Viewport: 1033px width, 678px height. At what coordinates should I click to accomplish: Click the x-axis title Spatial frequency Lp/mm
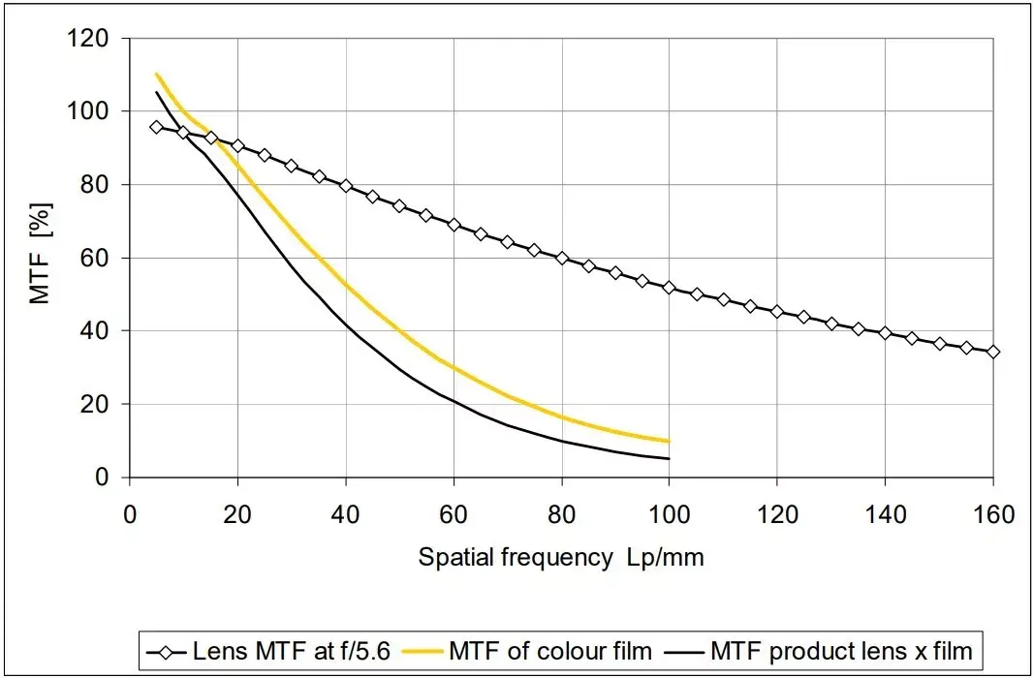pyautogui.click(x=561, y=558)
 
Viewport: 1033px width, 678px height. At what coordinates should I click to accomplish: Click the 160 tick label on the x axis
pyautogui.click(x=992, y=514)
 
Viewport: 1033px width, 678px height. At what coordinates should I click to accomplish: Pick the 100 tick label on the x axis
pyautogui.click(x=669, y=514)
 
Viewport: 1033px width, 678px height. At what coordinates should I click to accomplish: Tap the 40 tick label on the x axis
pyautogui.click(x=345, y=514)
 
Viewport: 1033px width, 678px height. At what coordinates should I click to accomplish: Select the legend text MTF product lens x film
pyautogui.click(x=840, y=650)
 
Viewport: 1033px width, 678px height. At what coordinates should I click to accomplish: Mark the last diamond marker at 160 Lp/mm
pyautogui.click(x=992, y=352)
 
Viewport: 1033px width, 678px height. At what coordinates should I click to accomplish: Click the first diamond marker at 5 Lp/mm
pyautogui.click(x=156, y=127)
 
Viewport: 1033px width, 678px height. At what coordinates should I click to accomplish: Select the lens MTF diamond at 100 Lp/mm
pyautogui.click(x=669, y=288)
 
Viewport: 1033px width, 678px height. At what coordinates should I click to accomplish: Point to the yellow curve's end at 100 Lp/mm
pyautogui.click(x=669, y=441)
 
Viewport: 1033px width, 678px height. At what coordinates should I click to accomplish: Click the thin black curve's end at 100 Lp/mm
pyautogui.click(x=669, y=458)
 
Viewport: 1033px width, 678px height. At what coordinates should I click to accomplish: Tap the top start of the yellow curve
pyautogui.click(x=156, y=75)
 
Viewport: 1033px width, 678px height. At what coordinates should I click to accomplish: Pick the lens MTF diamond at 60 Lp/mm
pyautogui.click(x=454, y=225)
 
